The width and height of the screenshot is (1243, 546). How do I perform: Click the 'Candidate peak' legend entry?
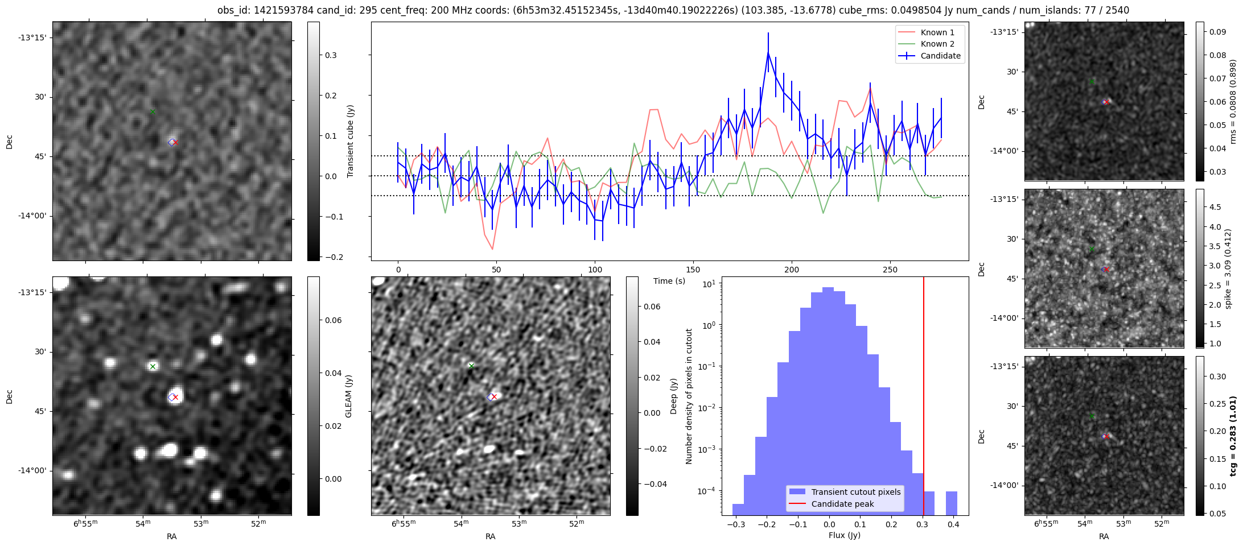842,504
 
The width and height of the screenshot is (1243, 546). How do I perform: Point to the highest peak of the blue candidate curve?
768,52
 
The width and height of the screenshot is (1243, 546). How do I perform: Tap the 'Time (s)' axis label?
669,281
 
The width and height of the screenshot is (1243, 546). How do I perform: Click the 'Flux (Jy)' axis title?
845,535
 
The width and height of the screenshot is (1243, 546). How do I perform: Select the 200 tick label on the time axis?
791,270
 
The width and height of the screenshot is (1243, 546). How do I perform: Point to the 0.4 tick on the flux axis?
953,525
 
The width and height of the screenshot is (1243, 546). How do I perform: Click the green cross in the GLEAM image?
153,366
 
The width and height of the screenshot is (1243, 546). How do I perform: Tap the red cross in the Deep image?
494,396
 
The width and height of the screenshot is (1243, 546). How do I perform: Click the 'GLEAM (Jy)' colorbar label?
348,396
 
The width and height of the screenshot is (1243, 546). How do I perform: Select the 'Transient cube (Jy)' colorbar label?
351,141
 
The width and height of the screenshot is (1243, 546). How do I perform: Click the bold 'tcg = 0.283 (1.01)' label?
1232,436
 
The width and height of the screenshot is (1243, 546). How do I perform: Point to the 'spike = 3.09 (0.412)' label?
1228,268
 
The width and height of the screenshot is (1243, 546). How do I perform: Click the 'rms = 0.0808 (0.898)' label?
1233,101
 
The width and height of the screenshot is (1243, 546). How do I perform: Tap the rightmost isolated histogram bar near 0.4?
951,503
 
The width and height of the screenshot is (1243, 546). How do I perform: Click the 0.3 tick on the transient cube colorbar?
331,55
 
